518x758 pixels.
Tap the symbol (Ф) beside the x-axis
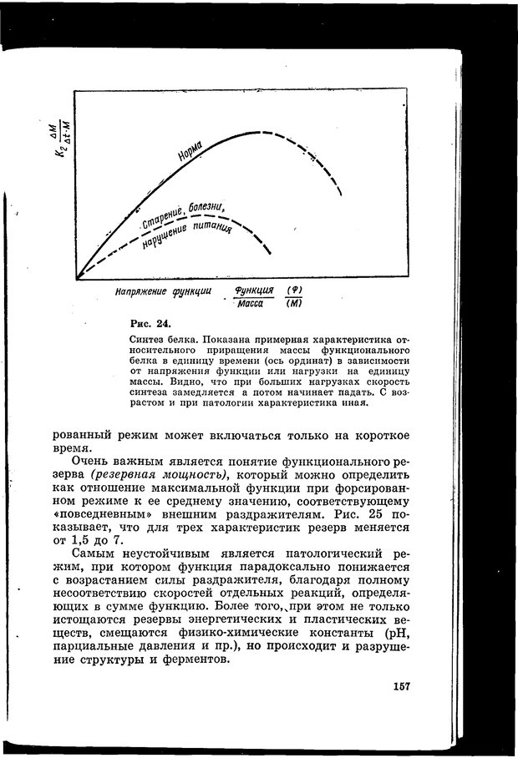coord(293,290)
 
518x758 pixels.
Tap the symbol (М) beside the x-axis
coord(293,304)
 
